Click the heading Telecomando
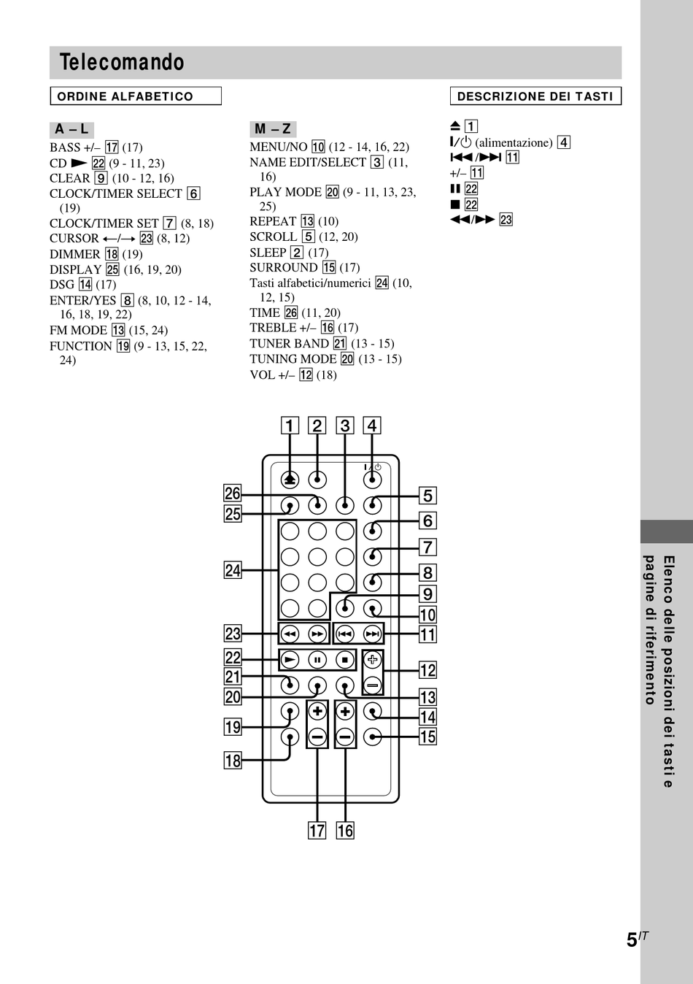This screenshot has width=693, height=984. [122, 62]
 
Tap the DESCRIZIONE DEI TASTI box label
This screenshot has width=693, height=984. [535, 96]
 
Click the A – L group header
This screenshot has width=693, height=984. [71, 129]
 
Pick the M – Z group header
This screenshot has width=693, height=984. [273, 129]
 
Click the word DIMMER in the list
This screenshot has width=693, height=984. [75, 254]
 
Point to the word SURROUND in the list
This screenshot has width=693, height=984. [284, 267]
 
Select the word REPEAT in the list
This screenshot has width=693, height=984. [273, 221]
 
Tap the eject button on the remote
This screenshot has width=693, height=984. [290, 480]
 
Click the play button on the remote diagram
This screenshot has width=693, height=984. [290, 660]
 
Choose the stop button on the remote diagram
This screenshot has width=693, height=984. [345, 660]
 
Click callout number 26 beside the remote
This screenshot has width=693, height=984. [233, 493]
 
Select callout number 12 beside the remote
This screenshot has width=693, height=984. [428, 670]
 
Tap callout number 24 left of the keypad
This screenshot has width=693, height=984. [233, 570]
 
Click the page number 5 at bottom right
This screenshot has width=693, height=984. [632, 940]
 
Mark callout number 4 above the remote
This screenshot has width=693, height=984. [372, 426]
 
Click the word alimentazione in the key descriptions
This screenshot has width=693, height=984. [514, 142]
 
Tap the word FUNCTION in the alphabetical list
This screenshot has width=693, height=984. [81, 346]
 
